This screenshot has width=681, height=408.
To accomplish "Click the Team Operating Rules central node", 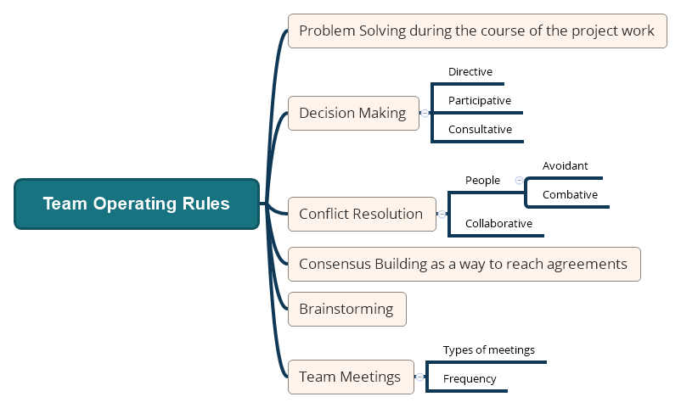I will pyautogui.click(x=136, y=204).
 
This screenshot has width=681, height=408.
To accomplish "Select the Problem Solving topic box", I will pyautogui.click(x=476, y=31).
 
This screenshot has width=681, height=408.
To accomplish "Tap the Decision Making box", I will pyautogui.click(x=353, y=113).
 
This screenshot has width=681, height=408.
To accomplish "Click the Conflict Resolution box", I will pyautogui.click(x=361, y=214).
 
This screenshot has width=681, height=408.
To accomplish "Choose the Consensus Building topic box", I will pyautogui.click(x=464, y=264).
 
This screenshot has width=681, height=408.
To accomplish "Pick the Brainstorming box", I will pyautogui.click(x=346, y=309).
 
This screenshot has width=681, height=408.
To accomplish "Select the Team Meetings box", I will pyautogui.click(x=350, y=377).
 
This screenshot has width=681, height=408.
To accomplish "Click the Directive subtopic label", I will pyautogui.click(x=470, y=72).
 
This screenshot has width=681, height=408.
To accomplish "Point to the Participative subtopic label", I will pyautogui.click(x=480, y=100).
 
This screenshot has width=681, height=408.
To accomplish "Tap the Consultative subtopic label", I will pyautogui.click(x=480, y=130).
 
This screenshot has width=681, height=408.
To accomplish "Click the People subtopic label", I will pyautogui.click(x=482, y=180).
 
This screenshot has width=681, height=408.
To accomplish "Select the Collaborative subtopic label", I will pyautogui.click(x=498, y=223).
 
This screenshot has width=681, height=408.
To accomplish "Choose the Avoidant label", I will pyautogui.click(x=565, y=165).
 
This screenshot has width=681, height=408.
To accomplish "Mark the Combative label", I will pyautogui.click(x=570, y=194).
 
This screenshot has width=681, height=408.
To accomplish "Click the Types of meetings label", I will pyautogui.click(x=488, y=349).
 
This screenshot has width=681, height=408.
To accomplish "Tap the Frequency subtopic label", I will pyautogui.click(x=470, y=379).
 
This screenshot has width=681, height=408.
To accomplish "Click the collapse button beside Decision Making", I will pyautogui.click(x=425, y=113).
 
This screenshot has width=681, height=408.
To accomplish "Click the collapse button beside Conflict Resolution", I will pyautogui.click(x=442, y=214).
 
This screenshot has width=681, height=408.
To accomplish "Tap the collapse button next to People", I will pyautogui.click(x=519, y=180).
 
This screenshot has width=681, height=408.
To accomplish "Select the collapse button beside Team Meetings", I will pyautogui.click(x=419, y=377).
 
